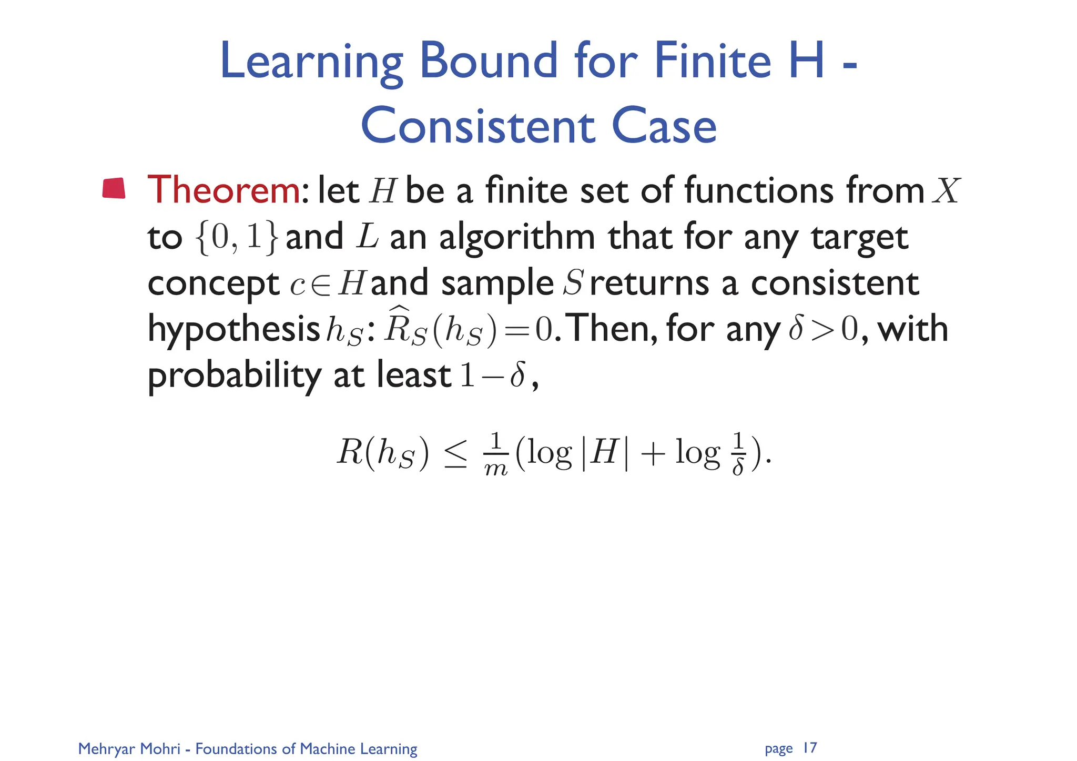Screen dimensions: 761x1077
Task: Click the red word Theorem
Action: tap(223, 190)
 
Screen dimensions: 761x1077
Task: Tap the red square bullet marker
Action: tap(114, 189)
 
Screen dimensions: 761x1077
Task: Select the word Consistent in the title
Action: tap(478, 127)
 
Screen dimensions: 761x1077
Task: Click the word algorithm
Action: tap(517, 238)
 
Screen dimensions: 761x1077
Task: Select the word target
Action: tap(859, 238)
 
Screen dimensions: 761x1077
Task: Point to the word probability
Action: tap(234, 376)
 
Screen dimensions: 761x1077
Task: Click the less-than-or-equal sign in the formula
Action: tap(455, 453)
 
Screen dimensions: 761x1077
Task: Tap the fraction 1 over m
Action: tap(495, 454)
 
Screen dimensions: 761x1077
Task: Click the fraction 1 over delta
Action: tap(738, 454)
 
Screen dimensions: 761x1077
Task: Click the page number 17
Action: tap(810, 747)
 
